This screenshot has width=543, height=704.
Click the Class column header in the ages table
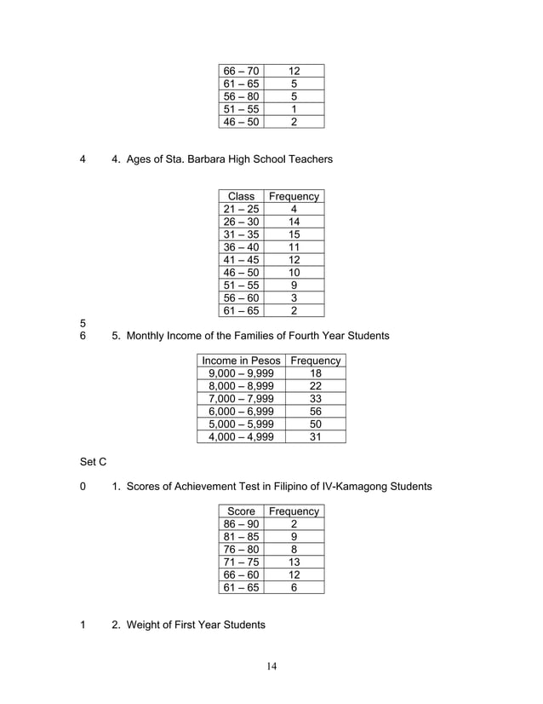241,196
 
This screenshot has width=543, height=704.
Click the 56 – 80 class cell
241,96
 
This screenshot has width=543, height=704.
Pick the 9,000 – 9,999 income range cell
240,373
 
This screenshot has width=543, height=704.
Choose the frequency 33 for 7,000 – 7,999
315,399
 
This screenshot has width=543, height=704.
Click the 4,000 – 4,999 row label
240,437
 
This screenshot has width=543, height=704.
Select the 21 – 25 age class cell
241,209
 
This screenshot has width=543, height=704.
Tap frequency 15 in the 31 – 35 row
294,234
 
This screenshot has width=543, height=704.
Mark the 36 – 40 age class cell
241,247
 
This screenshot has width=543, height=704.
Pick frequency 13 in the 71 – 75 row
294,563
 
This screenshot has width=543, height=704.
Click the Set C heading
93,462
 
